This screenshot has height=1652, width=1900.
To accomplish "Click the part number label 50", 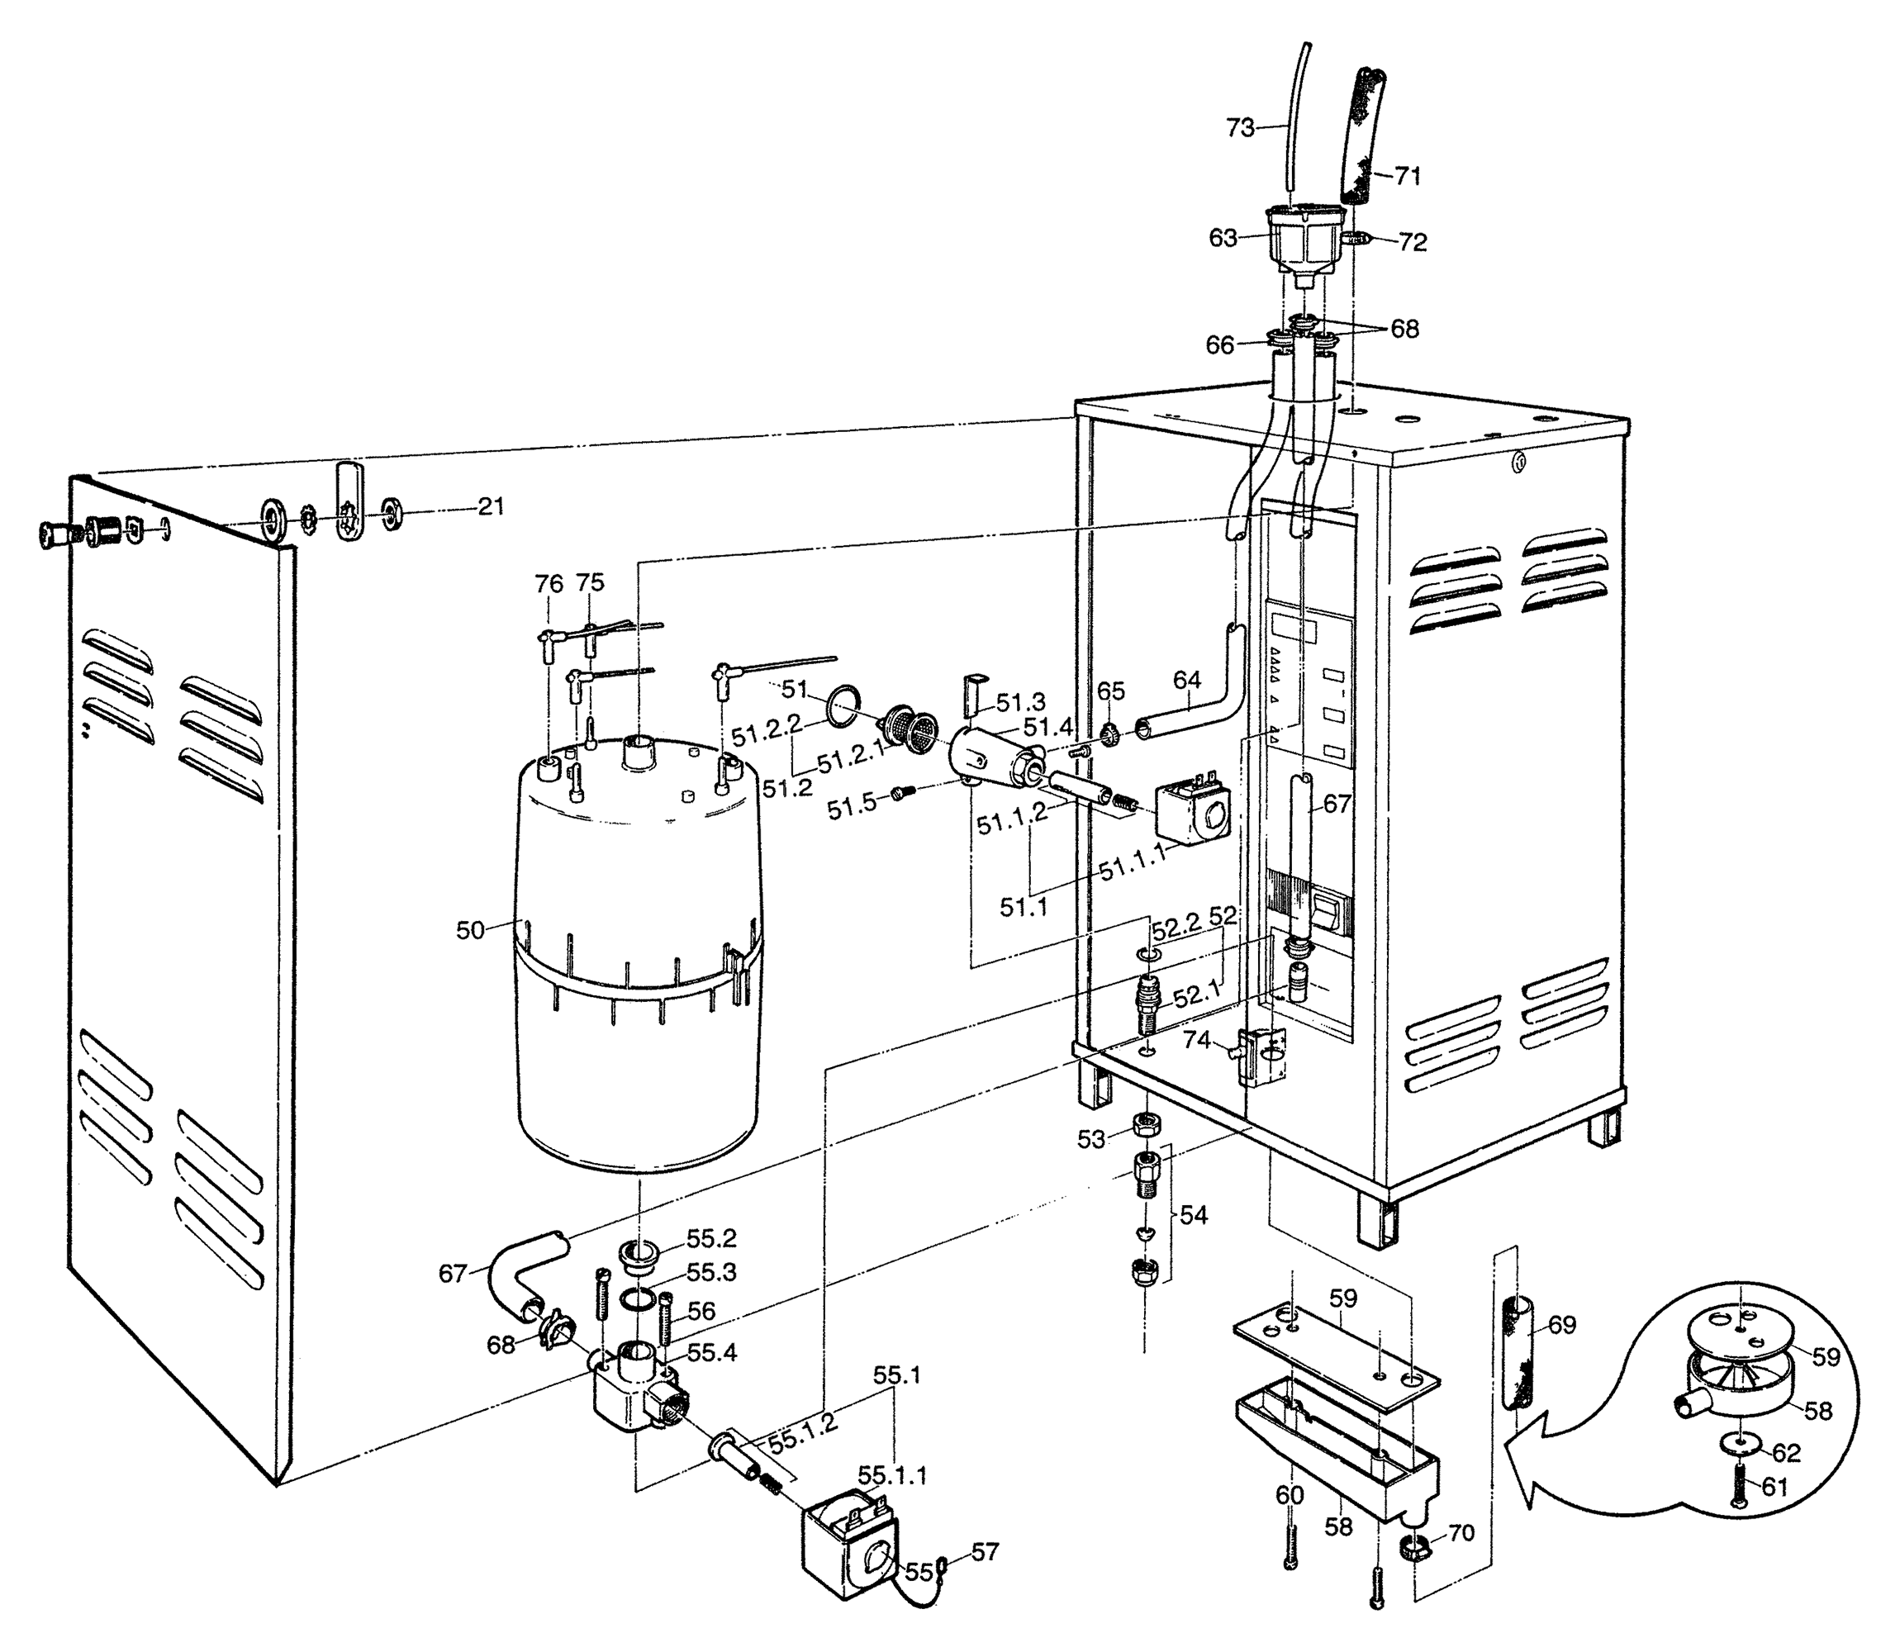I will tap(469, 930).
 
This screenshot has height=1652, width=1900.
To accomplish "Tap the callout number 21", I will tap(491, 506).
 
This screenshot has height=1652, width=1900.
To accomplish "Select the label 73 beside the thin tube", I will tap(1240, 128).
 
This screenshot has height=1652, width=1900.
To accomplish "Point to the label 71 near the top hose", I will tap(1407, 175).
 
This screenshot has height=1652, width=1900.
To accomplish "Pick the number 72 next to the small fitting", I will tap(1413, 243).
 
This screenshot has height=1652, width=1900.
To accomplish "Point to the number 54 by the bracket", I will tap(1193, 1215).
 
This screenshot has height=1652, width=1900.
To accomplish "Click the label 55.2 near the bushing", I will tap(710, 1238).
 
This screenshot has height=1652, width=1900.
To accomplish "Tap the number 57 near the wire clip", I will tap(985, 1552).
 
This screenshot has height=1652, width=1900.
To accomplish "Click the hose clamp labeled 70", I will tap(1413, 1547).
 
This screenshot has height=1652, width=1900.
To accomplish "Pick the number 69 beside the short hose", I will tap(1561, 1326).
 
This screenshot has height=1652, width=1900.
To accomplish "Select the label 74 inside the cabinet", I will tap(1197, 1040).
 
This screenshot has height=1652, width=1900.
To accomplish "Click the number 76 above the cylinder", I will tap(549, 583).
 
